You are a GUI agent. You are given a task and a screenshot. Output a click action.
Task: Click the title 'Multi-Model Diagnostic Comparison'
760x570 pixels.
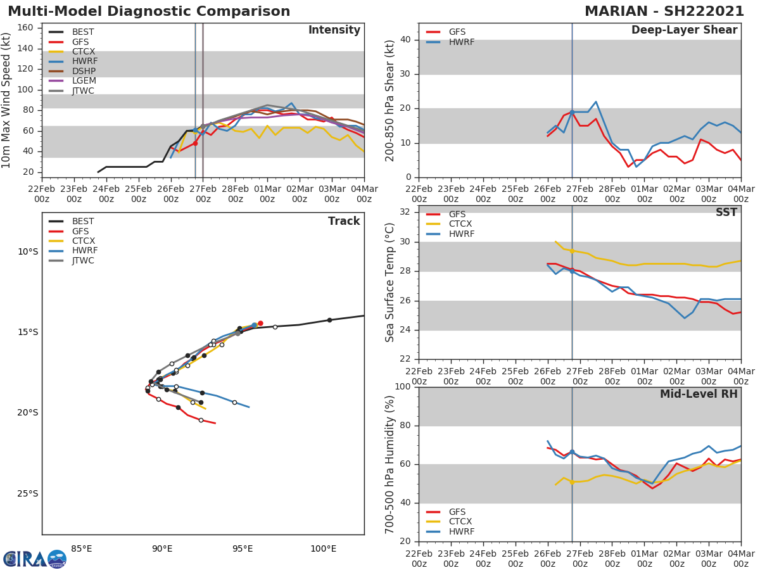149,11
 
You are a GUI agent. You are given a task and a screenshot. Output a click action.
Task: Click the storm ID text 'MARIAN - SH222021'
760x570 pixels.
664,11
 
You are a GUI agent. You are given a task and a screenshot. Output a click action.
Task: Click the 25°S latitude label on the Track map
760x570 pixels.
28,493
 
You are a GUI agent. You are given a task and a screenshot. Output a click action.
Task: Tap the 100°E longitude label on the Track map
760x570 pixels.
323,548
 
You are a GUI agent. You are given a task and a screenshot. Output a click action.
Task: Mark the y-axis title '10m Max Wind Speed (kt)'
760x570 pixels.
7,100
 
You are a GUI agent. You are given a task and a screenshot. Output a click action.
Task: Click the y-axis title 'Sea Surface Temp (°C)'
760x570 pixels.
390,282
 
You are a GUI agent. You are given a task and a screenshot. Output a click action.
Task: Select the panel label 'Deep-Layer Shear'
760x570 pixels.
684,30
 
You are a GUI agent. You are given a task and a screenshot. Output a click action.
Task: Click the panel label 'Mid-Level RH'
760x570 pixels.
699,394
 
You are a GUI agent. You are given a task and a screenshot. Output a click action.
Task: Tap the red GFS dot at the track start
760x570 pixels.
260,323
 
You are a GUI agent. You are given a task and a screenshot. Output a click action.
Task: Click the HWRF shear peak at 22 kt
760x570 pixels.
595,101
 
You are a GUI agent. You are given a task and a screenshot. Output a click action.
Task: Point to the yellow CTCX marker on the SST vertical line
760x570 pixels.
572,251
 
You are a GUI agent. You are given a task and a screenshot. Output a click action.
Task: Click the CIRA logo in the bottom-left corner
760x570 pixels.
35,559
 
